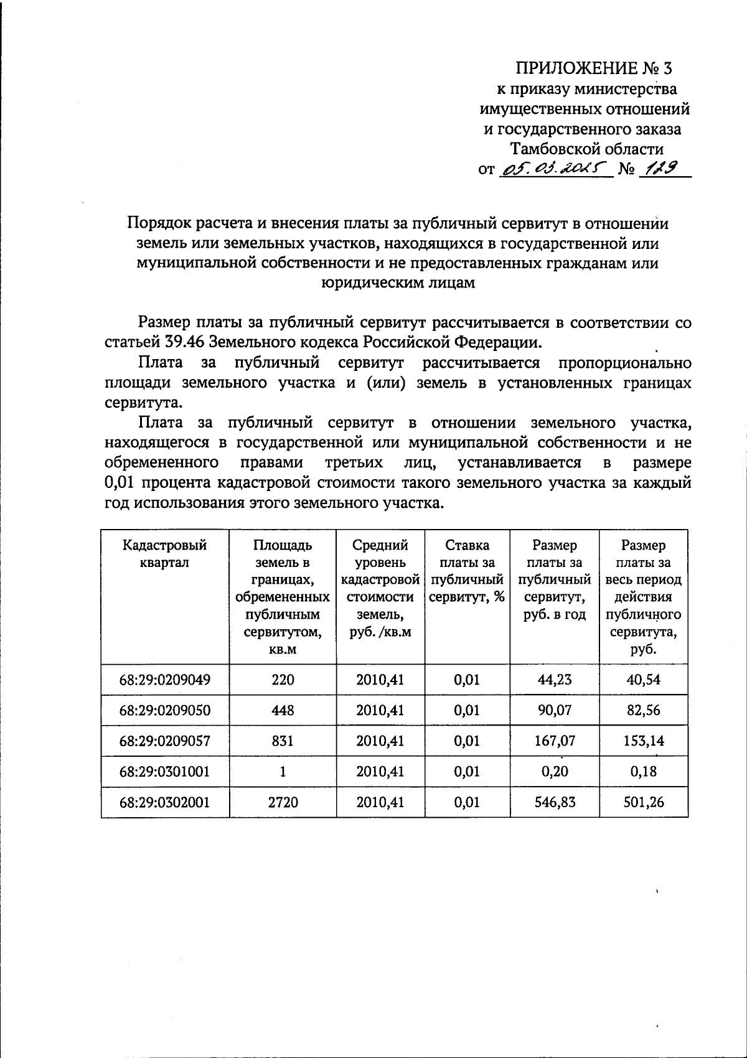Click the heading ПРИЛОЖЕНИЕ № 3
pyautogui.click(x=594, y=67)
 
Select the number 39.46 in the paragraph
pyautogui.click(x=187, y=342)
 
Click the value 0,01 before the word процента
pyautogui.click(x=120, y=483)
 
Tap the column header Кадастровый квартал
pyautogui.click(x=165, y=554)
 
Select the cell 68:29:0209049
pyautogui.click(x=165, y=680)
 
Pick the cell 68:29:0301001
pyautogui.click(x=165, y=772)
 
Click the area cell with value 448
pyautogui.click(x=283, y=710)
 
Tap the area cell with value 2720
pyautogui.click(x=283, y=803)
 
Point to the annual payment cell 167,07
pyautogui.click(x=555, y=741)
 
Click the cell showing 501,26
pyautogui.click(x=644, y=803)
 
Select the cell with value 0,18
pyautogui.click(x=644, y=772)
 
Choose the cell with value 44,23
pyautogui.click(x=555, y=680)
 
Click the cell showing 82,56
pyautogui.click(x=644, y=710)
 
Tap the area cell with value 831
pyautogui.click(x=283, y=741)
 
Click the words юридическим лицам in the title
pyautogui.click(x=398, y=283)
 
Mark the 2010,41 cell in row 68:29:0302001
pyautogui.click(x=380, y=803)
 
